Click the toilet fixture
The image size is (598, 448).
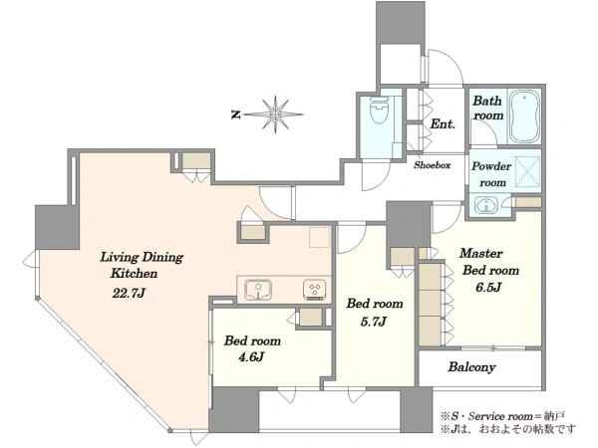click(x=379, y=110)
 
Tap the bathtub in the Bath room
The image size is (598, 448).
click(x=524, y=115)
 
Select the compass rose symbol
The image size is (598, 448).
click(x=275, y=113)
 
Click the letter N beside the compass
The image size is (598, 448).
click(x=236, y=114)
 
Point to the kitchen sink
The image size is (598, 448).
click(x=258, y=290)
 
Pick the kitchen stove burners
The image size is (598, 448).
click(x=315, y=290)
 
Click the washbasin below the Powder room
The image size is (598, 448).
click(x=486, y=206)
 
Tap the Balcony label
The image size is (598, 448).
click(x=471, y=367)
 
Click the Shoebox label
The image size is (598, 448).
click(x=433, y=165)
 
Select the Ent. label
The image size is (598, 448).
click(x=443, y=123)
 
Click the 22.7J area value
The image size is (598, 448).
click(x=129, y=293)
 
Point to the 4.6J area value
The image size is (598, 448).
click(x=251, y=357)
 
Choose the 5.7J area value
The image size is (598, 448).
click(x=374, y=322)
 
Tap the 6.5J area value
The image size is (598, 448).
click(x=487, y=288)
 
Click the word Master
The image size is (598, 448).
click(x=480, y=253)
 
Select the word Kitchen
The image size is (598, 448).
click(x=134, y=273)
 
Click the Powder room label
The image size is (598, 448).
click(x=491, y=174)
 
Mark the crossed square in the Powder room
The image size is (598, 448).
click(x=528, y=172)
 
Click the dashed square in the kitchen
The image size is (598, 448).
click(x=320, y=237)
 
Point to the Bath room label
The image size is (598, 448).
click(x=487, y=108)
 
